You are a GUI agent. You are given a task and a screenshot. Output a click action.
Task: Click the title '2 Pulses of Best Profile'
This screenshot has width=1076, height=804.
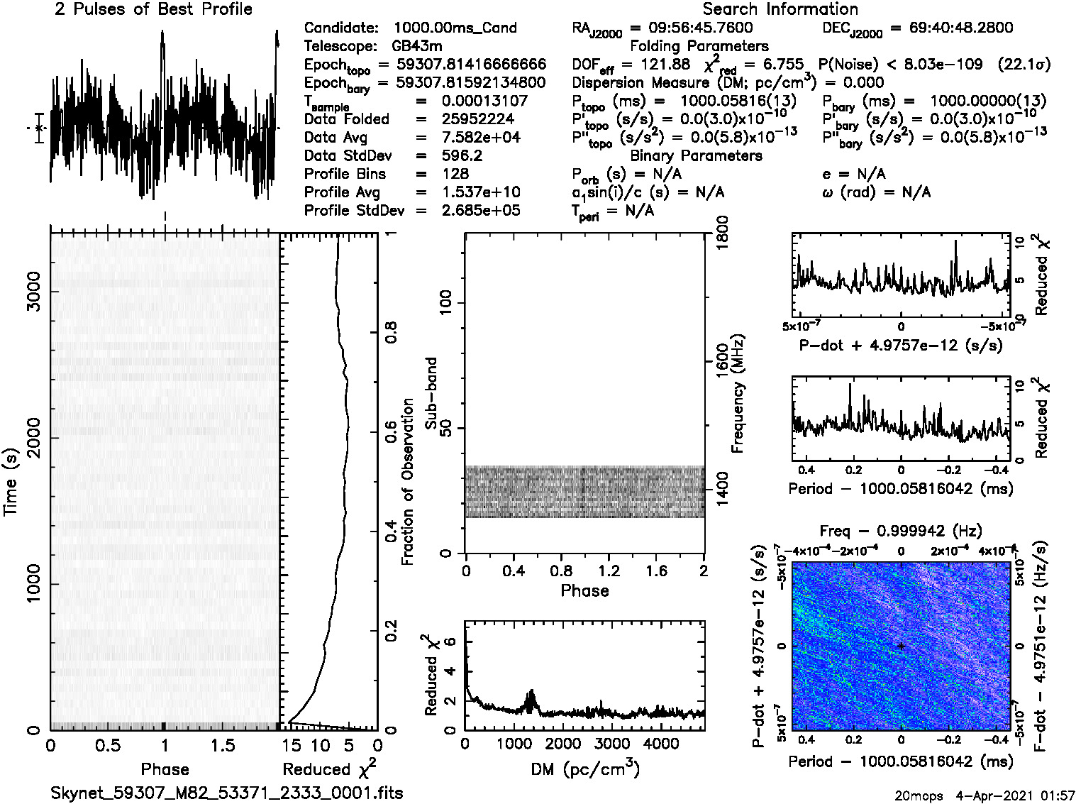(x=153, y=9)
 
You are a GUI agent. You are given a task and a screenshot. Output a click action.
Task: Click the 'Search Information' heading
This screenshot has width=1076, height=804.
(x=780, y=9)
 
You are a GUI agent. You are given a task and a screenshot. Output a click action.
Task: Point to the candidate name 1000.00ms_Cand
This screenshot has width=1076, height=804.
(x=455, y=28)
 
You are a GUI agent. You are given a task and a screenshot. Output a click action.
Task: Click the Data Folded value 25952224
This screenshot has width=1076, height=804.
(x=477, y=119)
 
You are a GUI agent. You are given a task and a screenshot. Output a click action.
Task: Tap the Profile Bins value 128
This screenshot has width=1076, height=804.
(x=455, y=174)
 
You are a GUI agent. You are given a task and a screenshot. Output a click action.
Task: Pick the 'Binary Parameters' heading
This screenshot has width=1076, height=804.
(x=696, y=156)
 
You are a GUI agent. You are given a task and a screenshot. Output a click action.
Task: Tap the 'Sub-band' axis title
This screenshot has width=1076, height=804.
(x=431, y=392)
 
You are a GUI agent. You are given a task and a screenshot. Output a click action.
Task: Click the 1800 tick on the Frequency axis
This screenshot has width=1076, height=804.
(x=723, y=233)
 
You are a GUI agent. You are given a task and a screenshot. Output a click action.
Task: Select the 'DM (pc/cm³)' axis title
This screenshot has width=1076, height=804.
(x=584, y=769)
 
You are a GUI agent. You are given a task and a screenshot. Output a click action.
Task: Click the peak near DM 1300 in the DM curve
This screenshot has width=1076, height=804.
(x=531, y=691)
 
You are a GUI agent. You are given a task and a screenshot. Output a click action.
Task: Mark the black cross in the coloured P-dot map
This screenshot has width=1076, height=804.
(x=901, y=646)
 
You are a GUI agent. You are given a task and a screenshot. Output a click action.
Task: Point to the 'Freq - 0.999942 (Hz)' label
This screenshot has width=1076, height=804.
(x=901, y=531)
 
